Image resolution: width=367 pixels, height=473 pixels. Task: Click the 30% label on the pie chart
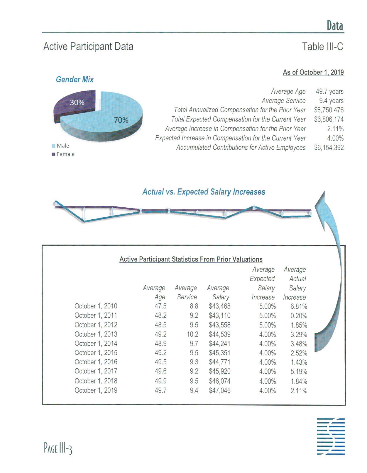77,103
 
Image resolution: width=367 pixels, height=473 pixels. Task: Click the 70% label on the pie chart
121,120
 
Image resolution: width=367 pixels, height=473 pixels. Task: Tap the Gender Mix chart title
75,80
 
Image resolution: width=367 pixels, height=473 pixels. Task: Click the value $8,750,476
329,110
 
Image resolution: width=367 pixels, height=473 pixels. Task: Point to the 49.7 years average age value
329,91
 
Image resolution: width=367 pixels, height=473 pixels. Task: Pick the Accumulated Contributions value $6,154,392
329,148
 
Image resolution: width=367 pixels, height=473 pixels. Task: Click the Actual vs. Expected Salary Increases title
204,192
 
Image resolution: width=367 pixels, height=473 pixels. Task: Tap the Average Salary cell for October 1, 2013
219,334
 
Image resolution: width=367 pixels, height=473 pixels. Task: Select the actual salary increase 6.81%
299,306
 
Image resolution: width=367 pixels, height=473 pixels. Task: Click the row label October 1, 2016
96,362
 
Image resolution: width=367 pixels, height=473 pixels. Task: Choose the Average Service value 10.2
192,334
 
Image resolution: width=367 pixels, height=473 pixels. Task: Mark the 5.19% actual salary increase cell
299,371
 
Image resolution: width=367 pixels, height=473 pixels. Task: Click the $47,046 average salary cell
219,390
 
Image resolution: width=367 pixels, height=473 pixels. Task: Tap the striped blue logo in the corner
331,436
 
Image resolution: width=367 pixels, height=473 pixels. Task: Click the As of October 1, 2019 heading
313,72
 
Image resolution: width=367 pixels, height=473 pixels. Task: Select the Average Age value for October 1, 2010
160,306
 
